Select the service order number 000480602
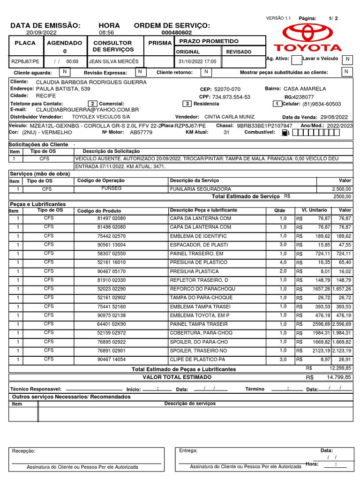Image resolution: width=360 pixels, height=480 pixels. (176, 33)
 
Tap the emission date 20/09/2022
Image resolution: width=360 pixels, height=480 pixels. (41, 33)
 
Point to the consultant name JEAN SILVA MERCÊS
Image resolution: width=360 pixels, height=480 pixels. (113, 61)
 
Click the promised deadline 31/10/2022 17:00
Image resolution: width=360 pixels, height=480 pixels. (197, 61)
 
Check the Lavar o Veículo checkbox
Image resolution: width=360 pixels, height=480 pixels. (347, 59)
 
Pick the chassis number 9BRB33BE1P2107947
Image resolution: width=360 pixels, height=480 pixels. (265, 126)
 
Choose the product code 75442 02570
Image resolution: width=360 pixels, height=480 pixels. (112, 236)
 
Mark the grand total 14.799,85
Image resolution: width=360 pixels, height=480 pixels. (340, 377)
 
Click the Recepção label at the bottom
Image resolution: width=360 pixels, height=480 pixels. (23, 451)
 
